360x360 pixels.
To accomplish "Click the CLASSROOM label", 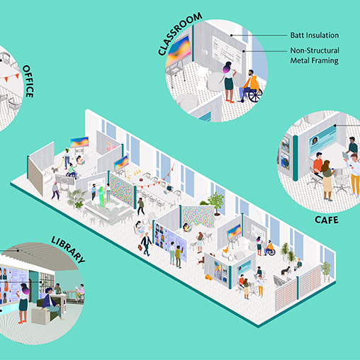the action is (x=180, y=33).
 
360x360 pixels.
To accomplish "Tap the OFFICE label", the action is (x=28, y=81).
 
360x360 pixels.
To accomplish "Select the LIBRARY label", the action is (x=68, y=249).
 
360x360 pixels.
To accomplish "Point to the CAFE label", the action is (x=327, y=220).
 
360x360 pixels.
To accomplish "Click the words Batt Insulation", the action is (x=315, y=35).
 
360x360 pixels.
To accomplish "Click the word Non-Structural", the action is (x=315, y=50).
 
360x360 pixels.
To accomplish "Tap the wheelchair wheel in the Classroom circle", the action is (x=255, y=96).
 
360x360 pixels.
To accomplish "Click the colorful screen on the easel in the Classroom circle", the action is (x=178, y=50).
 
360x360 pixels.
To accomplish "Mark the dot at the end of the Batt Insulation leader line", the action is (x=232, y=35).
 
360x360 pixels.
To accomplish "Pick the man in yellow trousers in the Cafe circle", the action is (x=354, y=174).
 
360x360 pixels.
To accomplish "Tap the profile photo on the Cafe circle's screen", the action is (x=315, y=140).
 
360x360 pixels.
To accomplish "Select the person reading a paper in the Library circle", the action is (x=80, y=291).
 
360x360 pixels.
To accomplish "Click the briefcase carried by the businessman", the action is (x=140, y=247).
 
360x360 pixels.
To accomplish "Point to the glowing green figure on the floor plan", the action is (x=102, y=196).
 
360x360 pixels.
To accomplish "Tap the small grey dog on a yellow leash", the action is (x=55, y=169).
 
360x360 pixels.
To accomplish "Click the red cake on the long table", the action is (x=142, y=180).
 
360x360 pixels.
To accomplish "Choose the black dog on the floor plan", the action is (x=286, y=271).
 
